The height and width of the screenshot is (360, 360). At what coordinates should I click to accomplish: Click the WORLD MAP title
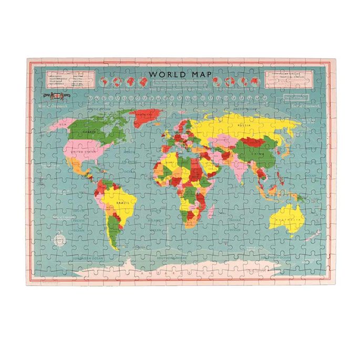point(180,75)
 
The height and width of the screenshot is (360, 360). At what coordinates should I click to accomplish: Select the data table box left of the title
point(66,80)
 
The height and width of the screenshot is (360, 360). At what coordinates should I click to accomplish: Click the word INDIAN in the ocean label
point(235,220)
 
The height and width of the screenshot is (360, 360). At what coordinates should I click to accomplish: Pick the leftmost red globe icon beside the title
point(104,82)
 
